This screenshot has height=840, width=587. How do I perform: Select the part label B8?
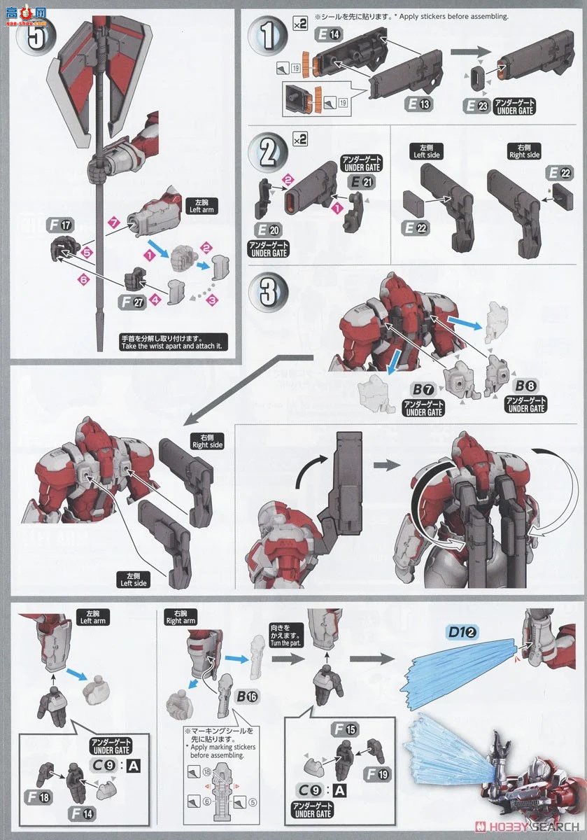(526, 386)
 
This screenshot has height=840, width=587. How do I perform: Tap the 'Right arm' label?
(181, 617)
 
